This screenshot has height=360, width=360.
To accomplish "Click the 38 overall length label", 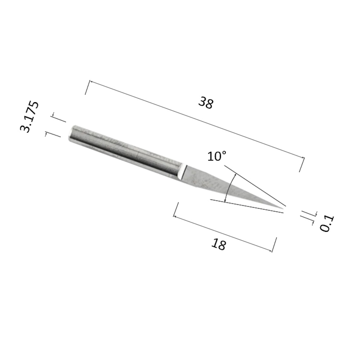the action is point(206,103).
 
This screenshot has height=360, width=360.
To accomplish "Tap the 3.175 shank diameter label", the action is point(29,116).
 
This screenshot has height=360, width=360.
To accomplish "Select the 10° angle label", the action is point(217,156).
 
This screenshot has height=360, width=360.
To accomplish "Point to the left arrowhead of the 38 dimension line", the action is point(90,81).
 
